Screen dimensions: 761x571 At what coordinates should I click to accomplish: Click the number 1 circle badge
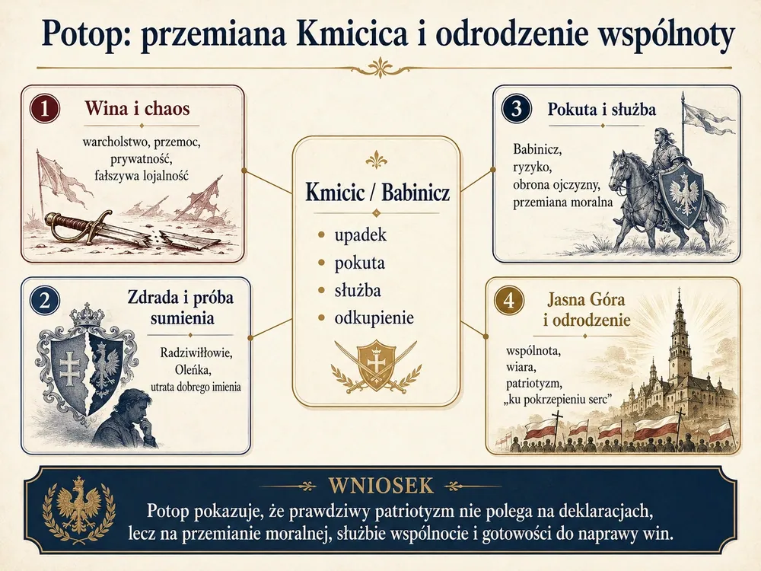click(44, 108)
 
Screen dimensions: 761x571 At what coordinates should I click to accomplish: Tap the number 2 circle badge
click(44, 300)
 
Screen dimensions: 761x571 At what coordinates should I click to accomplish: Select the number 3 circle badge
click(516, 108)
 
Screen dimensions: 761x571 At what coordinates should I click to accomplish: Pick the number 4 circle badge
click(508, 301)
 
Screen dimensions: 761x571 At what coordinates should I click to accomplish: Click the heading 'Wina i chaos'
click(137, 108)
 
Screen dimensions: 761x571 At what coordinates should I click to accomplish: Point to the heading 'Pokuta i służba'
click(601, 109)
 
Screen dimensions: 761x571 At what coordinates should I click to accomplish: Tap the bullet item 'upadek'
click(360, 234)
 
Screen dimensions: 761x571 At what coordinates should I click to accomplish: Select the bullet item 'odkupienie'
click(374, 318)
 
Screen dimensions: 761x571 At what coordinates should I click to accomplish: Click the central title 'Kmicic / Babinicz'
click(377, 193)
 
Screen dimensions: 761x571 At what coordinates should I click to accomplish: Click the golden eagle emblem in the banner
click(78, 506)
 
